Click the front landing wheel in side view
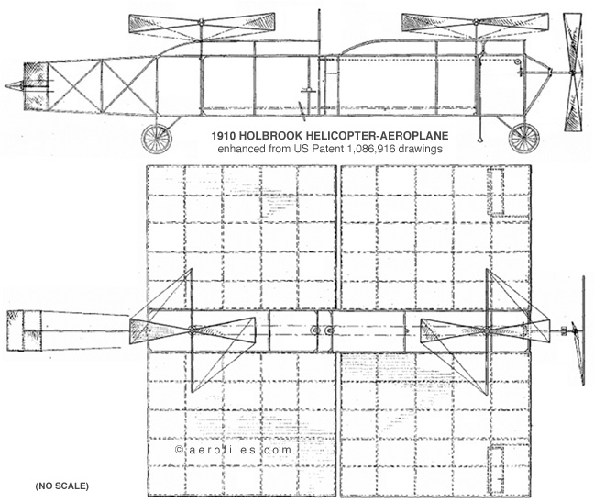click(x=156, y=139)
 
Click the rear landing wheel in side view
click(x=523, y=138)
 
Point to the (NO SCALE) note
click(x=62, y=486)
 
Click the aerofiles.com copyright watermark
click(x=234, y=450)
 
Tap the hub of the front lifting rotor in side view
click(x=202, y=22)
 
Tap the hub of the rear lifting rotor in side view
click(x=476, y=22)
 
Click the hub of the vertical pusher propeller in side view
click(x=572, y=73)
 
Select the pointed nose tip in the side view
click(x=5, y=86)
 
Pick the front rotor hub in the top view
click(x=192, y=330)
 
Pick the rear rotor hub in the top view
click(x=487, y=330)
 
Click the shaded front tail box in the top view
click(x=16, y=330)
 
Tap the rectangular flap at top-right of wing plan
click(x=496, y=192)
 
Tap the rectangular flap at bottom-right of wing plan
click(x=496, y=470)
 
